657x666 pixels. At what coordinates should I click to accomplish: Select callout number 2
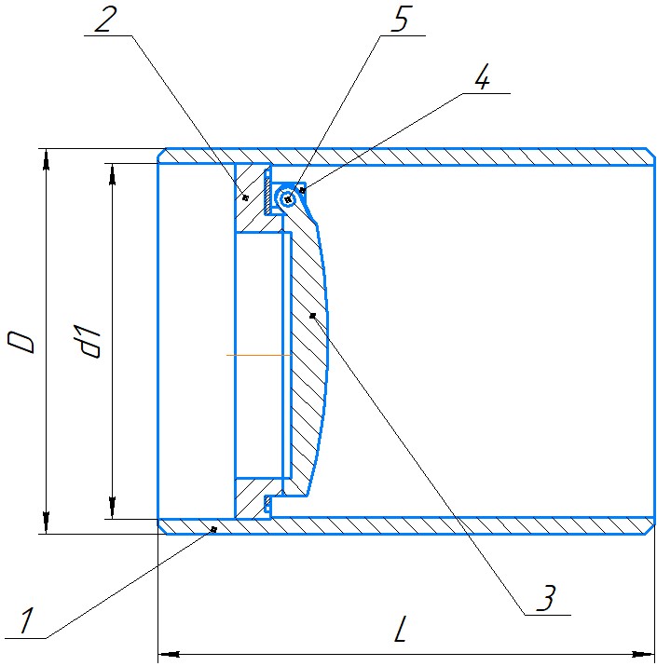106,20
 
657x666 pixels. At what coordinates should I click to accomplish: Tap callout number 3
546,598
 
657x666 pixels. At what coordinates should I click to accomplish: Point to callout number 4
482,77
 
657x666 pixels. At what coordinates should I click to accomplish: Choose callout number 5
400,20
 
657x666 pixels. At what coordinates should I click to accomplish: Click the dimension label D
21,343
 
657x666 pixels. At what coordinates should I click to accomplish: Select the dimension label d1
88,341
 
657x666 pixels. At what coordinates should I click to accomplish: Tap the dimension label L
401,629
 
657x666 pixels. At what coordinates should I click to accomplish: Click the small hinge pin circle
288,198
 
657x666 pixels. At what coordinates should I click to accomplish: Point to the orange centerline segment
258,355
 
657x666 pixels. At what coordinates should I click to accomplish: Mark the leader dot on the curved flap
313,315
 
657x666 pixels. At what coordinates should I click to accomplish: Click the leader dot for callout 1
213,529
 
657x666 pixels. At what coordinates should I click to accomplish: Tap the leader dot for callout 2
245,197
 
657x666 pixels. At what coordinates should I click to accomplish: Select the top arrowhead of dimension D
46,159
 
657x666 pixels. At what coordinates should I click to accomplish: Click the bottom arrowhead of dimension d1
112,508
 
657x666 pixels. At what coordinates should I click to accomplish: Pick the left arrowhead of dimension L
169,654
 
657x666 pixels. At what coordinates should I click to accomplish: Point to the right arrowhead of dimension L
643,654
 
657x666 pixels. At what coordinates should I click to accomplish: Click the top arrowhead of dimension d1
112,174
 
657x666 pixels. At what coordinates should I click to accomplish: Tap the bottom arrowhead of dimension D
46,523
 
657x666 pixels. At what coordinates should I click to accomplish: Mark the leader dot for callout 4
303,190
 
